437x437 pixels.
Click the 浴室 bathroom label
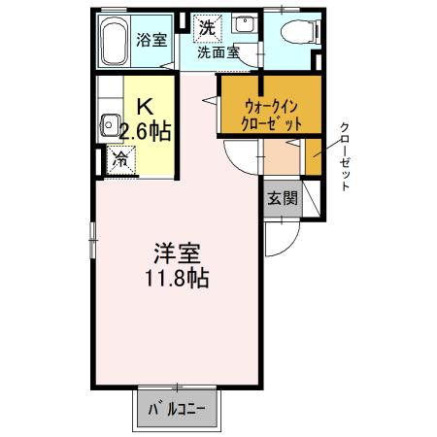(x=152, y=40)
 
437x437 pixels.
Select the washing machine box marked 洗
(x=206, y=28)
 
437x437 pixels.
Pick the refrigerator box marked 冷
(x=121, y=157)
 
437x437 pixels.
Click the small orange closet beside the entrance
(x=314, y=155)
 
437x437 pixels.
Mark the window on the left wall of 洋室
(x=93, y=234)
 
